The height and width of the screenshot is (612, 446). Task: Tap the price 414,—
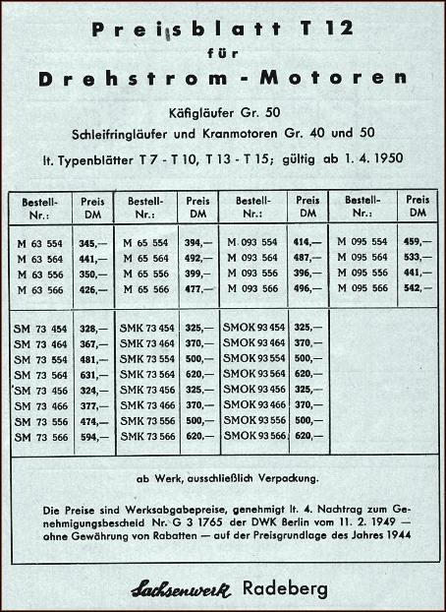click(x=307, y=242)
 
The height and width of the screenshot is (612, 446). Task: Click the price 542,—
click(x=418, y=289)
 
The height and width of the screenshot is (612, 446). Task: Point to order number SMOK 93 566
click(x=254, y=436)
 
